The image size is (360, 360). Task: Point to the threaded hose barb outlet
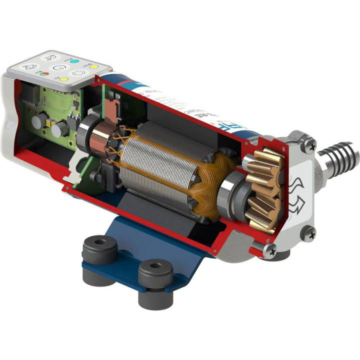[x=342, y=156]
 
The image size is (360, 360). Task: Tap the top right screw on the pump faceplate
[x=310, y=145]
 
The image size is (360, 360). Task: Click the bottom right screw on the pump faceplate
[x=308, y=232]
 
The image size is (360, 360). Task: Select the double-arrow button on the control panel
[x=79, y=73]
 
